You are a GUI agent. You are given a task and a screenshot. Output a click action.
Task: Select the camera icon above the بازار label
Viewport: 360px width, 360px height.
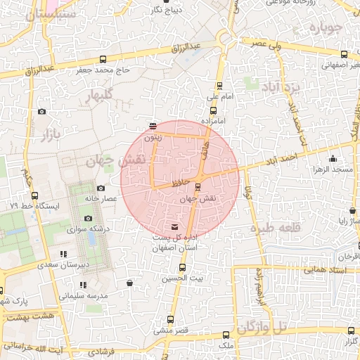[x=41, y=112]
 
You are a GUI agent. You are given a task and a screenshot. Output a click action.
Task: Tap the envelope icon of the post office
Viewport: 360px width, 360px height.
[x=174, y=226]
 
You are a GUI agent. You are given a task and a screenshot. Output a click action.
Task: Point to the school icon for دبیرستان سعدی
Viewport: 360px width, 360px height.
[x=64, y=254]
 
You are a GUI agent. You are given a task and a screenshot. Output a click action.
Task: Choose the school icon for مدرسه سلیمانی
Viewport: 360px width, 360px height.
[x=83, y=285]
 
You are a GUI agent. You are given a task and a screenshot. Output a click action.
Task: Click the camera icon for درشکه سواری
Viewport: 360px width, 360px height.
[x=89, y=219]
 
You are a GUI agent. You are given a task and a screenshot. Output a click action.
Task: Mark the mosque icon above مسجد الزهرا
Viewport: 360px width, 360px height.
[x=333, y=160]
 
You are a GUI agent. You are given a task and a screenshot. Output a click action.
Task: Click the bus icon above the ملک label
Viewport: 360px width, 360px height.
[x=225, y=335]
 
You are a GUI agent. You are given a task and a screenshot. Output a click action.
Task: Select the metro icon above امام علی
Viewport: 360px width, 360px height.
[x=220, y=85]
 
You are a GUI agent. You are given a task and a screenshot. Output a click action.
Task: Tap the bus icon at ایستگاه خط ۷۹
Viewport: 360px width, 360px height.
[x=36, y=197]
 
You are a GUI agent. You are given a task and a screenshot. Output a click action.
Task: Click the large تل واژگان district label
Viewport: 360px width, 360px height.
[x=262, y=327]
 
